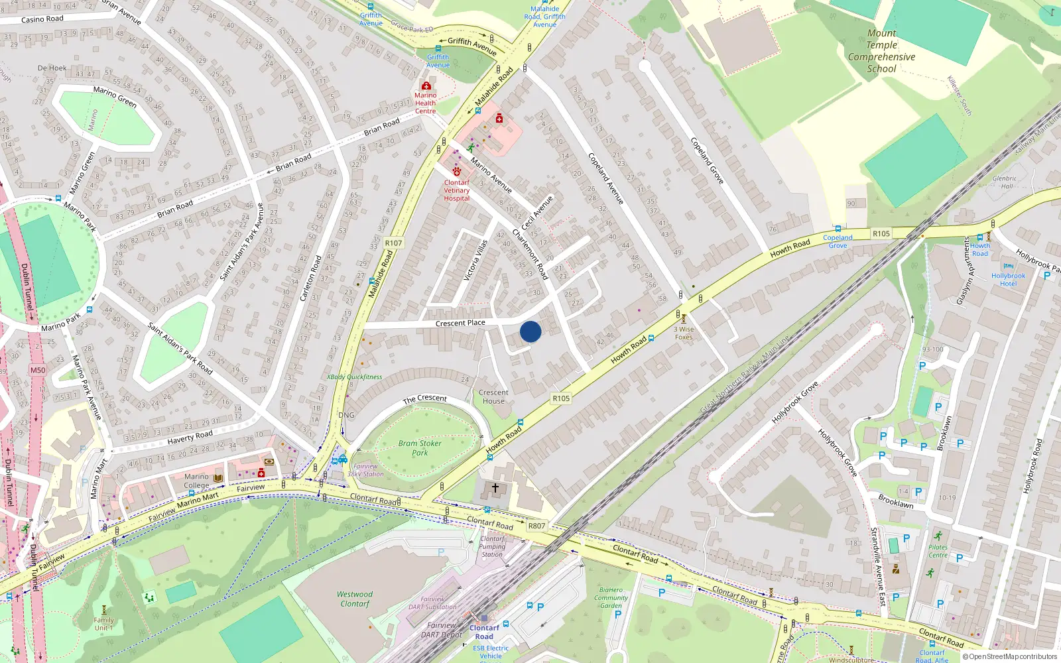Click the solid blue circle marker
530,331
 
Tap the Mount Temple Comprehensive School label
881,51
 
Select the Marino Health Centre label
426,103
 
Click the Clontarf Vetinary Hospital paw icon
457,172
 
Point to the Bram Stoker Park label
420,448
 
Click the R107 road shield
393,243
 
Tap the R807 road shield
536,526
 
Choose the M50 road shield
38,371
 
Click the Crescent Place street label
460,324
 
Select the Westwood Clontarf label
355,599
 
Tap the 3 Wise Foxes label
684,333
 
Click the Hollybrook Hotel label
1008,279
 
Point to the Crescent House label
493,396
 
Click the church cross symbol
495,488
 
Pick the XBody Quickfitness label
354,377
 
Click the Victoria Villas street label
475,260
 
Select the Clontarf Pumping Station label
492,546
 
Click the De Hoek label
52,68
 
